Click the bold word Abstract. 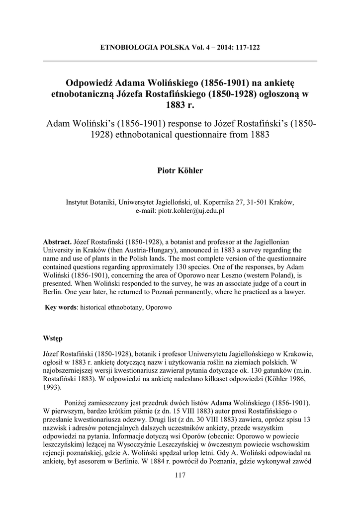coord(57,241)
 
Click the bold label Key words coord(60,308)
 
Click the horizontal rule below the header coord(180,61)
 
